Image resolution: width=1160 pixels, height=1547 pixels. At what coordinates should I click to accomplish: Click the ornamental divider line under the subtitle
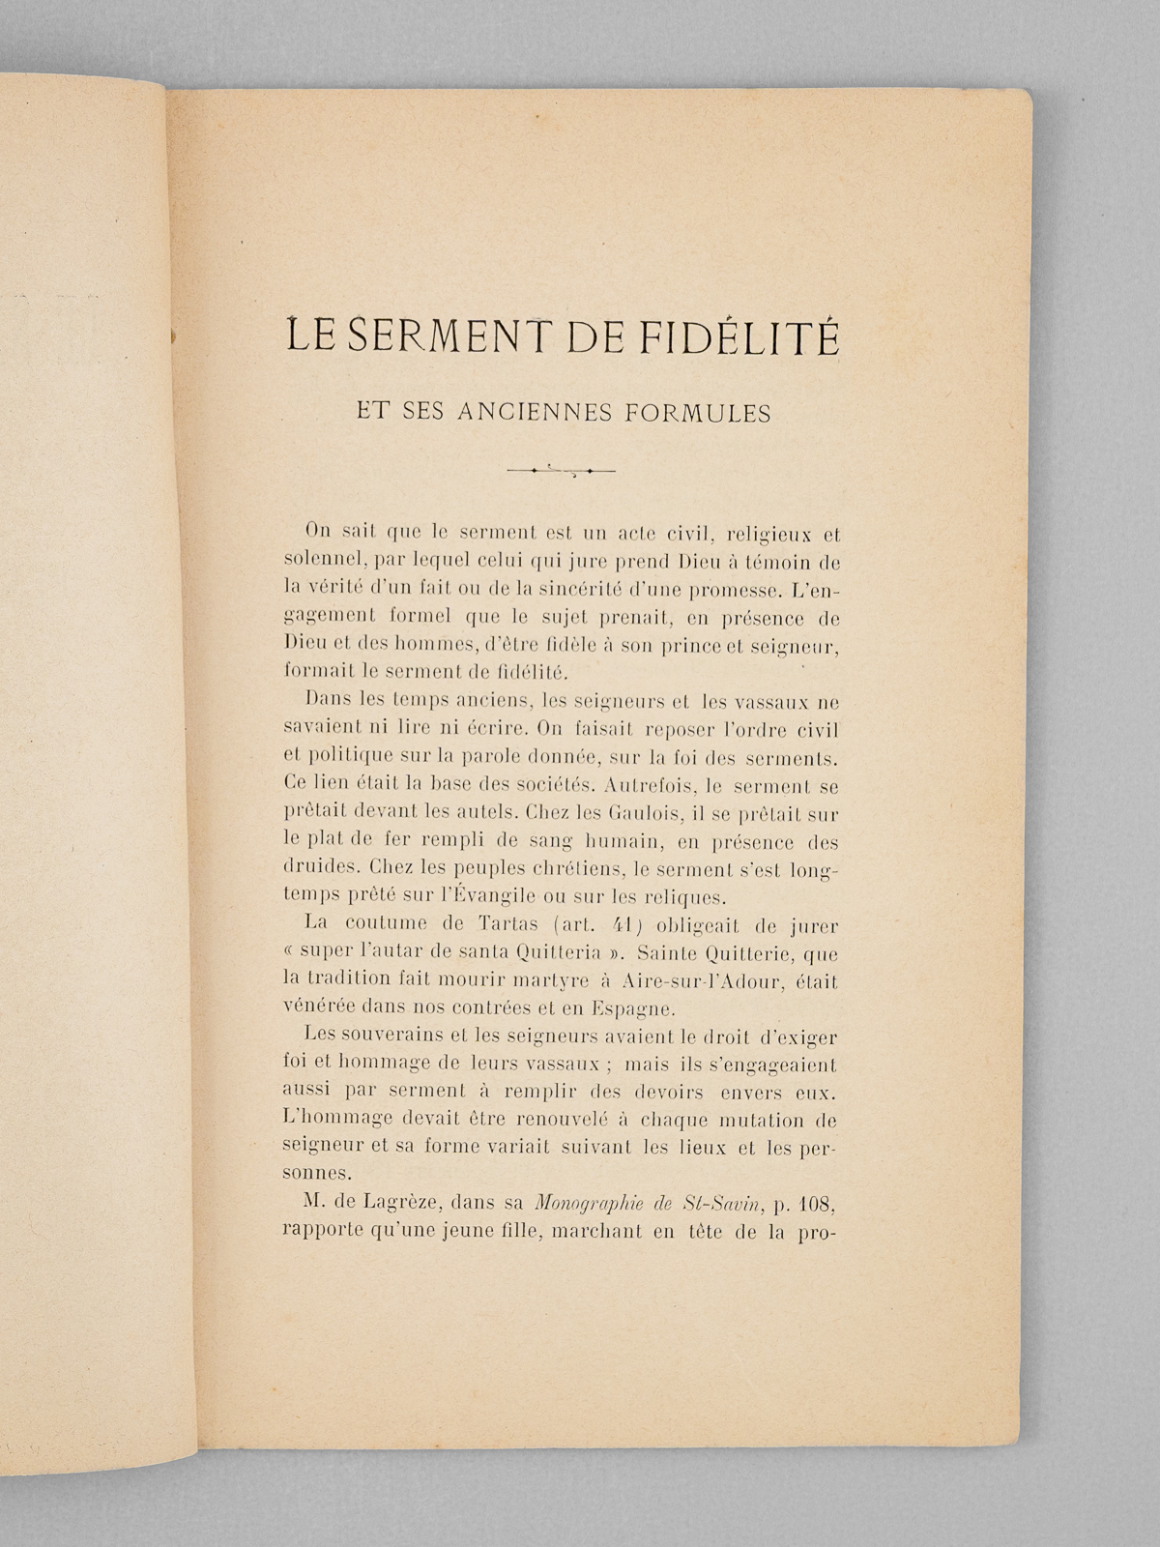[561, 471]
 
